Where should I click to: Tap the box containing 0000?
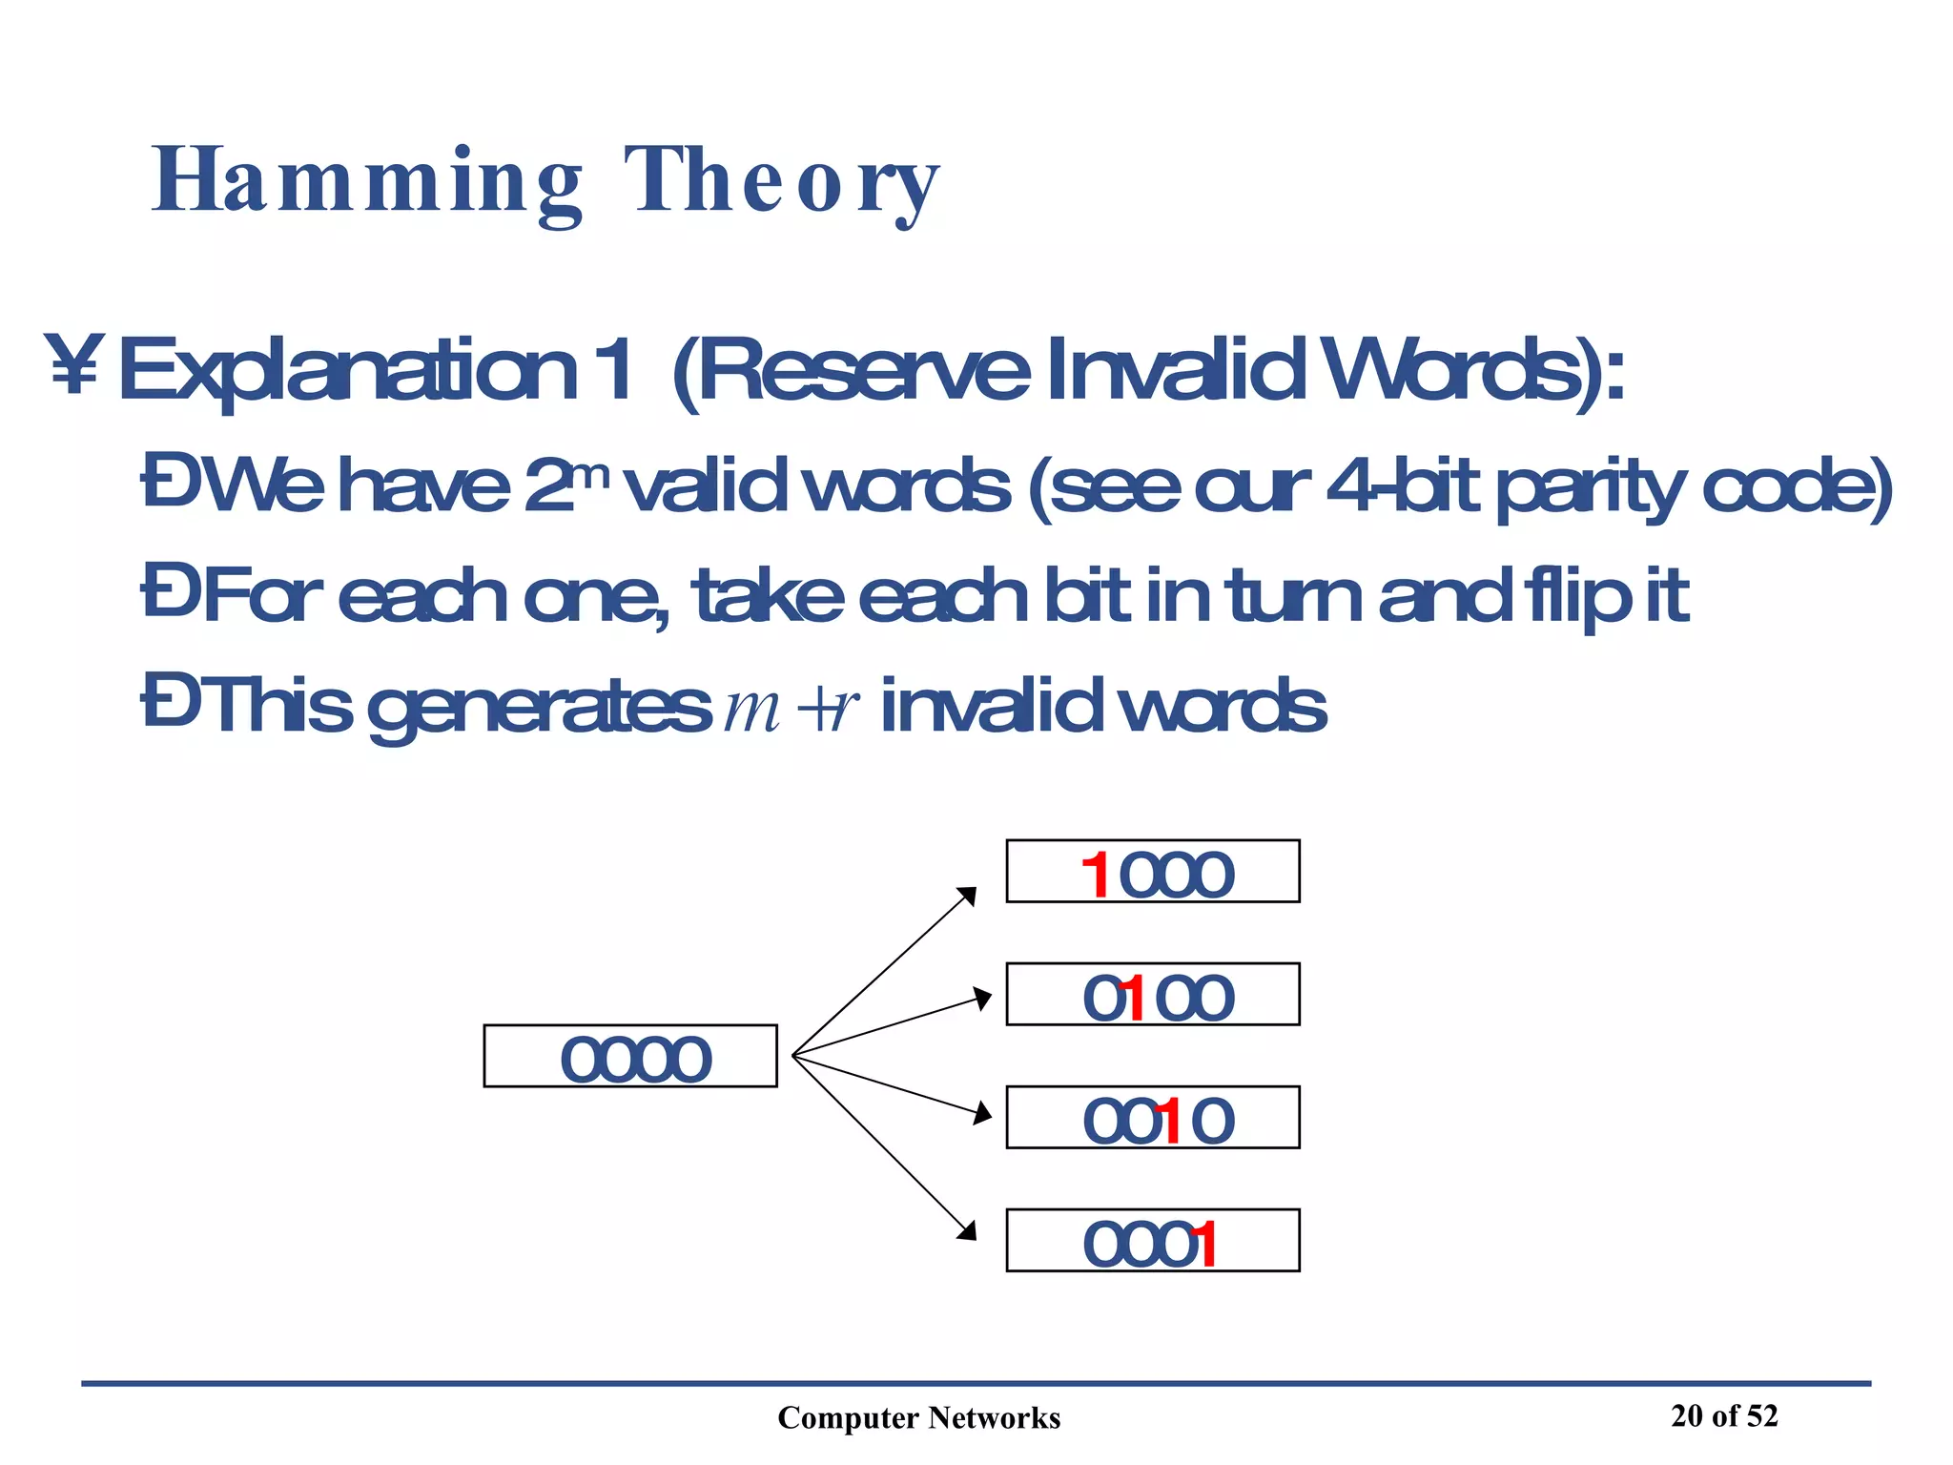(630, 1056)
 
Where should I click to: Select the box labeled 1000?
(1152, 871)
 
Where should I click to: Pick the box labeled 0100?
(1152, 994)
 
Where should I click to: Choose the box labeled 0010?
(1152, 1117)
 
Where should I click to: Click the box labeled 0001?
(1152, 1240)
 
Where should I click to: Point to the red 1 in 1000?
(1097, 876)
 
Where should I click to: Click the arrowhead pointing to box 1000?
(968, 896)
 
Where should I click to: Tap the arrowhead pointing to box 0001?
(968, 1230)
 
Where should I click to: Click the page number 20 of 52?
(1724, 1415)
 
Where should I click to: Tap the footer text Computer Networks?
(918, 1417)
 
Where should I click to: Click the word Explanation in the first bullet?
(348, 370)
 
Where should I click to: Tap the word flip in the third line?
(1577, 596)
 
